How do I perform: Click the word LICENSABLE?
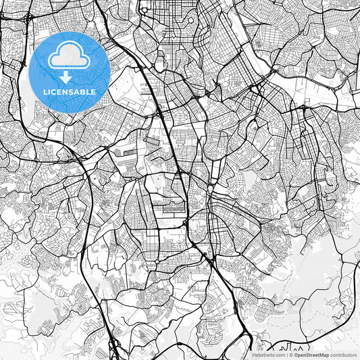[x=70, y=92]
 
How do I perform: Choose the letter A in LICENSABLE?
[x=78, y=92]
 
